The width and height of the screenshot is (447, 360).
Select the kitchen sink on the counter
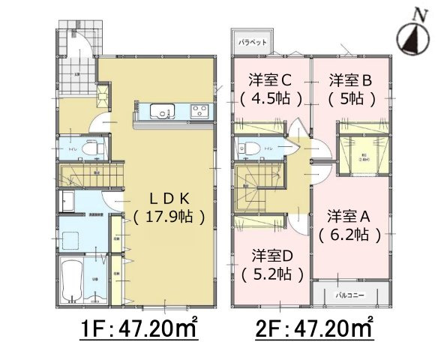pyautogui.click(x=161, y=112)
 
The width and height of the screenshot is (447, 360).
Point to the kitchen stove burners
pyautogui.click(x=201, y=112)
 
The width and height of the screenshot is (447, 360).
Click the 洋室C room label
pyautogui.click(x=271, y=79)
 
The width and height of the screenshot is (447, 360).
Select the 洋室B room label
pyautogui.click(x=349, y=79)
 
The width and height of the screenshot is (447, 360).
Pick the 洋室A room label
pyautogui.click(x=349, y=216)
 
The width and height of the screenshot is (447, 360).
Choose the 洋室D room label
pyautogui.click(x=271, y=255)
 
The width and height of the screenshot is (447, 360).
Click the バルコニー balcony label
pyautogui.click(x=350, y=295)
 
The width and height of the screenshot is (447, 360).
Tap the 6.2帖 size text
pyautogui.click(x=349, y=235)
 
